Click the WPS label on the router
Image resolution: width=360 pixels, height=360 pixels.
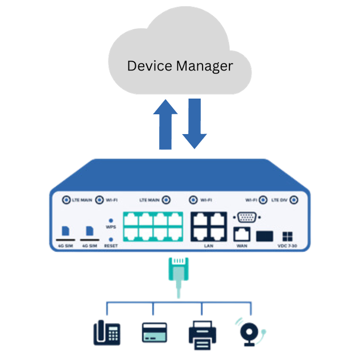pyautogui.click(x=111, y=227)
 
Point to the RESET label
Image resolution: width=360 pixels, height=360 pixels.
pyautogui.click(x=111, y=245)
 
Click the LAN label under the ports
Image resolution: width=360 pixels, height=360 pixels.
pyautogui.click(x=209, y=244)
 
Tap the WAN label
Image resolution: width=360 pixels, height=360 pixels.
pyautogui.click(x=242, y=245)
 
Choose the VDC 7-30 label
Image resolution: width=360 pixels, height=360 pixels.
pyautogui.click(x=287, y=245)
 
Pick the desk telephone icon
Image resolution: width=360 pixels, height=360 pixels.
pyautogui.click(x=107, y=332)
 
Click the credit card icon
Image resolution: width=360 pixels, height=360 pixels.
pyautogui.click(x=154, y=332)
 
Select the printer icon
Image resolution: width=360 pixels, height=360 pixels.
pyautogui.click(x=202, y=334)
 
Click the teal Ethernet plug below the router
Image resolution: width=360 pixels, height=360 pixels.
pyautogui.click(x=177, y=271)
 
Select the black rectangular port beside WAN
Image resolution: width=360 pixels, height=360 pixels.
pyautogui.click(x=265, y=235)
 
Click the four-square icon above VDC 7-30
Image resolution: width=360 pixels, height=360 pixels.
pyautogui.click(x=287, y=236)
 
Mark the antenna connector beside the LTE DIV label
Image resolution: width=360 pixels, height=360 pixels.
pyautogui.click(x=294, y=199)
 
